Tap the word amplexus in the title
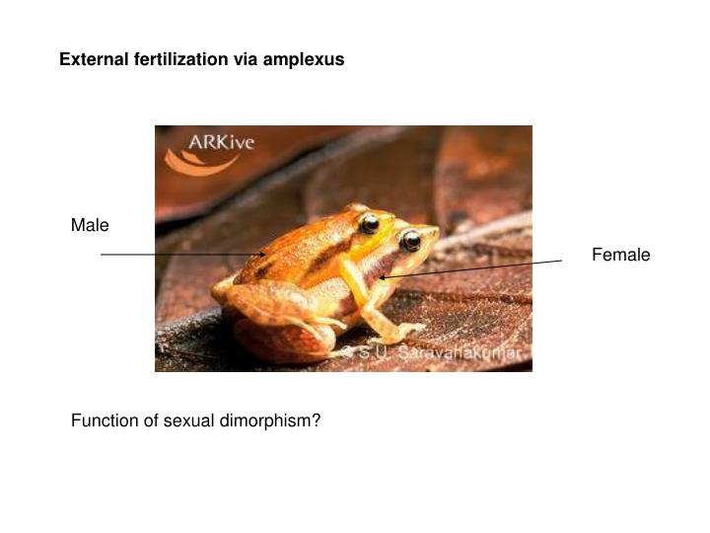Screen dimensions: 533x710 [x=303, y=59]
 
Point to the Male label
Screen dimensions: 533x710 [x=90, y=226]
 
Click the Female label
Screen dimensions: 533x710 [x=620, y=255]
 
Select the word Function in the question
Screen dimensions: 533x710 [x=104, y=420]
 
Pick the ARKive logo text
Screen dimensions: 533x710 [x=223, y=143]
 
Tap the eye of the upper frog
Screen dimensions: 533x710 [x=370, y=223]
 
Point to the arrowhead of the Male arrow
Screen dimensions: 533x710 [x=264, y=254]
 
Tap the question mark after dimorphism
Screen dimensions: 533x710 [x=317, y=420]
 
